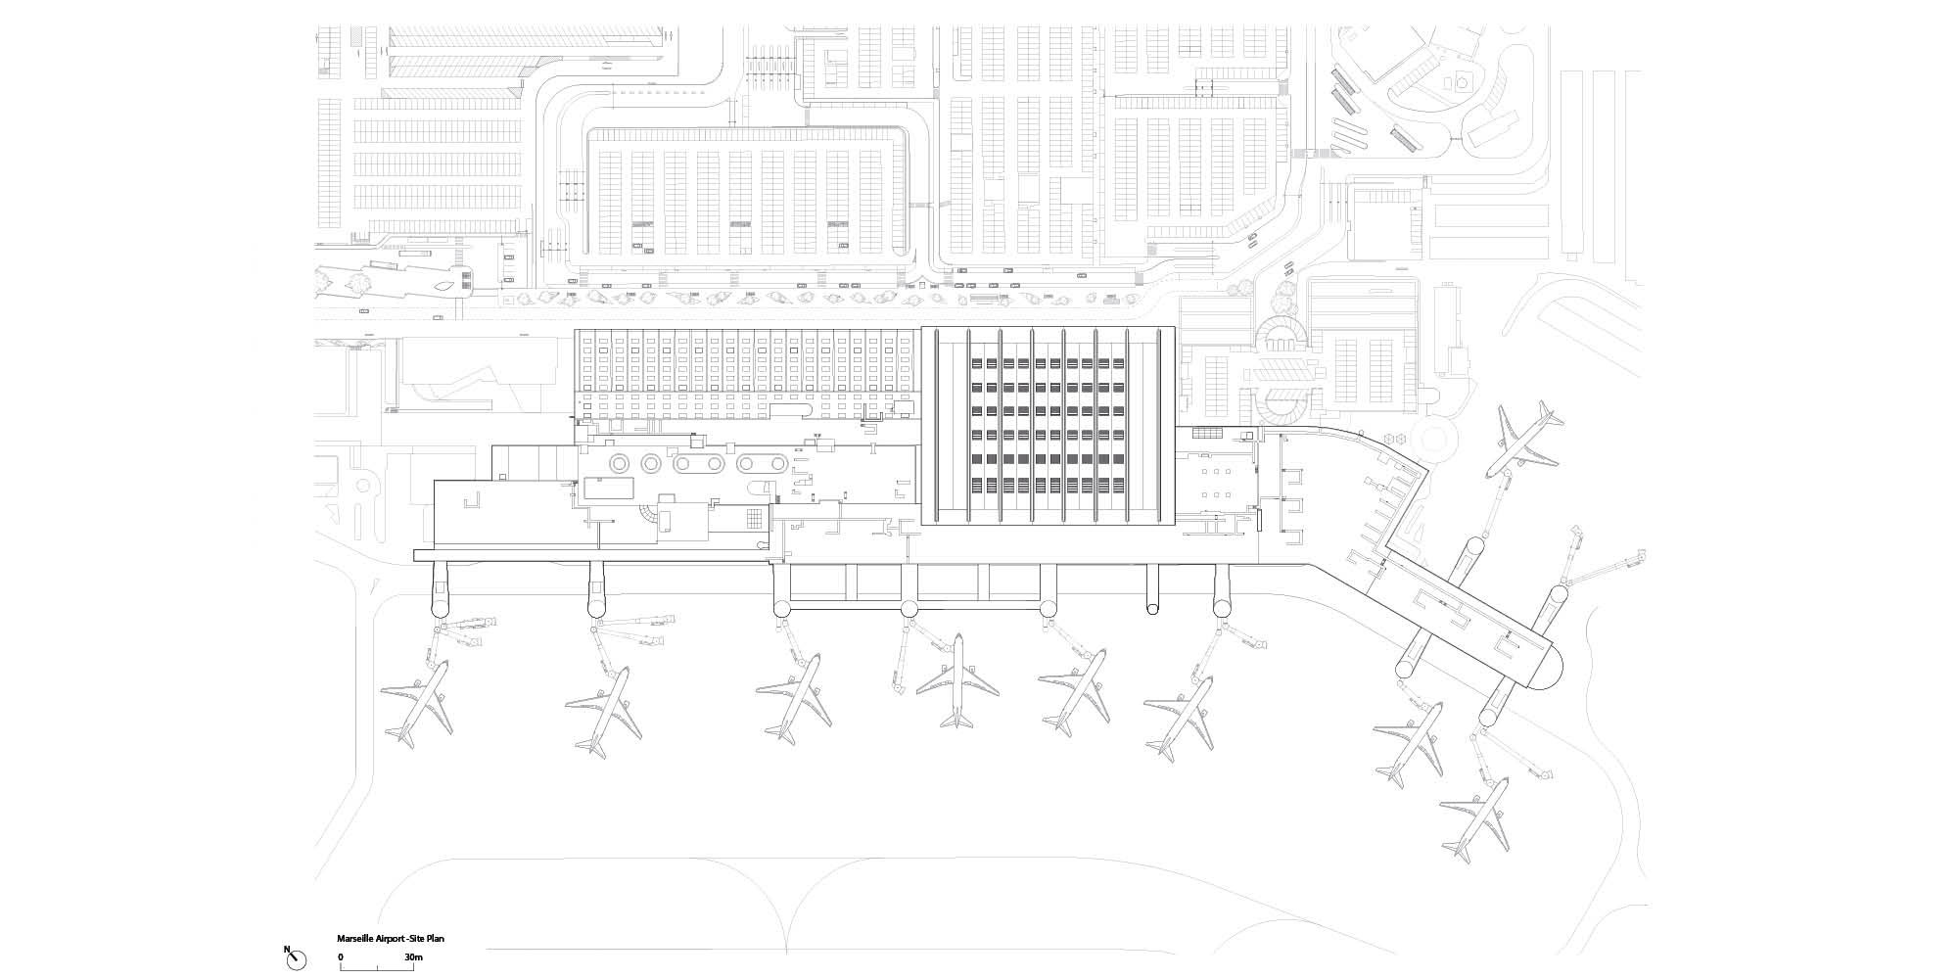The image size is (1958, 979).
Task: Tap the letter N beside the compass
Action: [287, 949]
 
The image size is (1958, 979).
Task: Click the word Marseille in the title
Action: [356, 939]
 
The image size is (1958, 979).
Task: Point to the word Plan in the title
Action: [436, 939]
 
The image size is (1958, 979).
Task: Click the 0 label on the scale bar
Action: [341, 956]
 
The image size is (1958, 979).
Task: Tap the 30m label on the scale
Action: [412, 956]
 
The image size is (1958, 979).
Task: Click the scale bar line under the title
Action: [377, 967]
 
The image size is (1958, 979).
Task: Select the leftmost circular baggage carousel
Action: [620, 462]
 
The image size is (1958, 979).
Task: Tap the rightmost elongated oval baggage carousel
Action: [761, 462]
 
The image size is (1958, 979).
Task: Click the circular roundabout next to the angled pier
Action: [1444, 440]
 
